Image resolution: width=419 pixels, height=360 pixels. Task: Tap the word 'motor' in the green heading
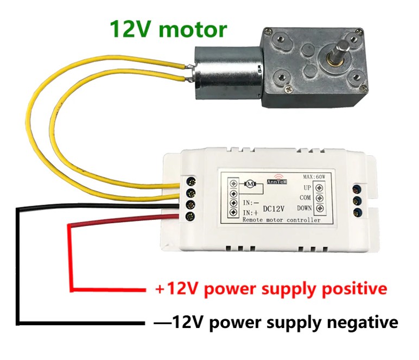193,30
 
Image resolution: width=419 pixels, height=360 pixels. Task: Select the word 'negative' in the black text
363,323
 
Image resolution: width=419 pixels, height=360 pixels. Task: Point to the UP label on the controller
307,188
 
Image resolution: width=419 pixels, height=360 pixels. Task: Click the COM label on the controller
306,198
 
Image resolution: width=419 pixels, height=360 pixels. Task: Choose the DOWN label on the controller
304,208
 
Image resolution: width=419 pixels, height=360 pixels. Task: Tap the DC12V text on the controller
274,209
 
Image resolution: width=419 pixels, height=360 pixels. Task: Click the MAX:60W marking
314,176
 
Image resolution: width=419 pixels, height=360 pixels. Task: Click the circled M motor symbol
250,184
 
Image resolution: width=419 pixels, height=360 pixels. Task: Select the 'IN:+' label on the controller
251,213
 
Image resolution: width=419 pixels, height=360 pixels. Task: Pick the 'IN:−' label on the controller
251,203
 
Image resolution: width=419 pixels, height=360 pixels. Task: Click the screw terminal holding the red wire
191,216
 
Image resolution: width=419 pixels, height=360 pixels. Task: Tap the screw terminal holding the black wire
191,205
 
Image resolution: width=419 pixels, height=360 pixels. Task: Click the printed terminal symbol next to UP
319,188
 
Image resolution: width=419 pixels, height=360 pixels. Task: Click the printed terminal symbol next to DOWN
319,208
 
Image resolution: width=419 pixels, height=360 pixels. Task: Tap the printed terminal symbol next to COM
319,198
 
